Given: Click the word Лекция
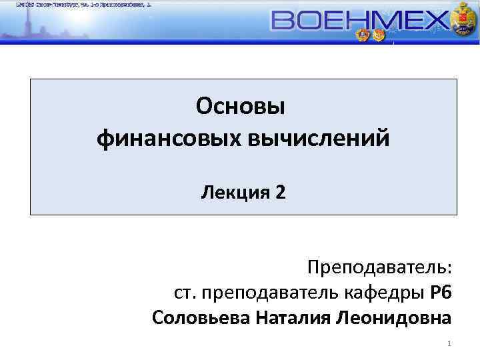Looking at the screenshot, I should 234,193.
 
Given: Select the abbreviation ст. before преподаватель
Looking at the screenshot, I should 185,293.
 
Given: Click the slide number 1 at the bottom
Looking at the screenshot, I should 450,344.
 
